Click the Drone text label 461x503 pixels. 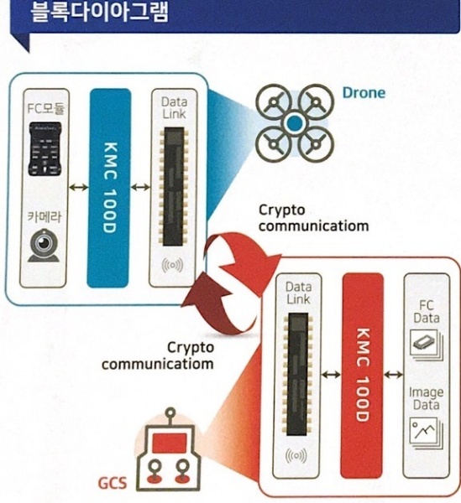364,93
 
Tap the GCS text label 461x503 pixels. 113,483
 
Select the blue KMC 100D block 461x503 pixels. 109,188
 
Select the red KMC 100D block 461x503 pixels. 362,376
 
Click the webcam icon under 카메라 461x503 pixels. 44,245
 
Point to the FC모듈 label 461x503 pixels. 45,108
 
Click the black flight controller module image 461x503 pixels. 45,149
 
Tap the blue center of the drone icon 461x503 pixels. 295,123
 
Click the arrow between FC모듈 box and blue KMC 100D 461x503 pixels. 78,187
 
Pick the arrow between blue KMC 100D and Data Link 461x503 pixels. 141,187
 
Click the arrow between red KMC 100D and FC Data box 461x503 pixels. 393,374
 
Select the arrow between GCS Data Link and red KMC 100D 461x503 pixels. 331,374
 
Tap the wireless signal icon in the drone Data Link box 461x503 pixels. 172,265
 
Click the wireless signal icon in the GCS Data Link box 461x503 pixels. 296,456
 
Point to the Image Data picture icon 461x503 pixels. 427,433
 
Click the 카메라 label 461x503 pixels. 44,217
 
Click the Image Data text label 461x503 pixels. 426,398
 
